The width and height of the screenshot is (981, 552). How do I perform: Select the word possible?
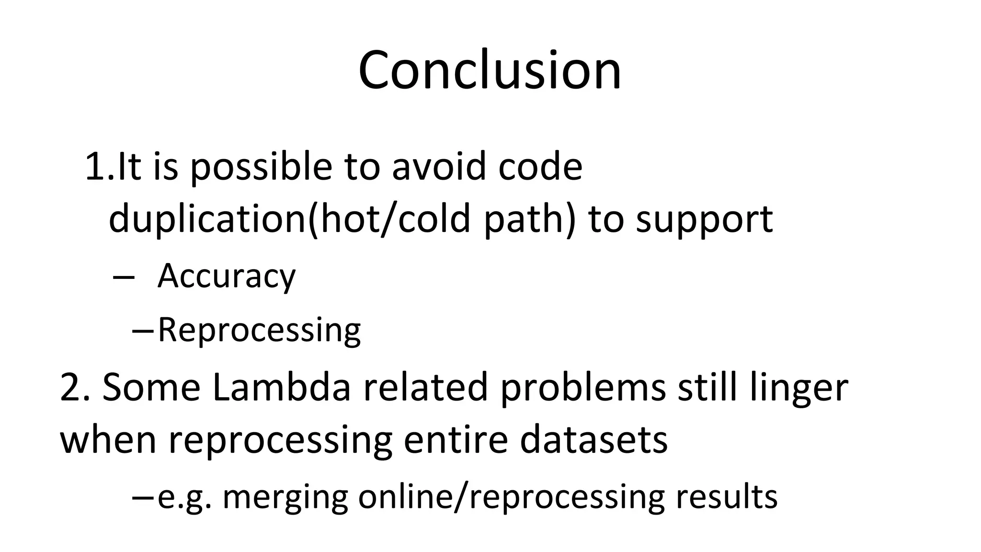coord(262,168)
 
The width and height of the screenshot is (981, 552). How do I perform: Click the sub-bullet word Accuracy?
coord(227,276)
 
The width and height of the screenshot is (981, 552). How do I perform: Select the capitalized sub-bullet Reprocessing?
coord(259,330)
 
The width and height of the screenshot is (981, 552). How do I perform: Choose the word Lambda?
coord(282,387)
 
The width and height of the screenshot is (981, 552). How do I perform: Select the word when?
coord(108,439)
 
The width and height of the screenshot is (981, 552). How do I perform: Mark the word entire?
coord(456,439)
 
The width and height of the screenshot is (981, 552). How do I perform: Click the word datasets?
coord(593,439)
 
